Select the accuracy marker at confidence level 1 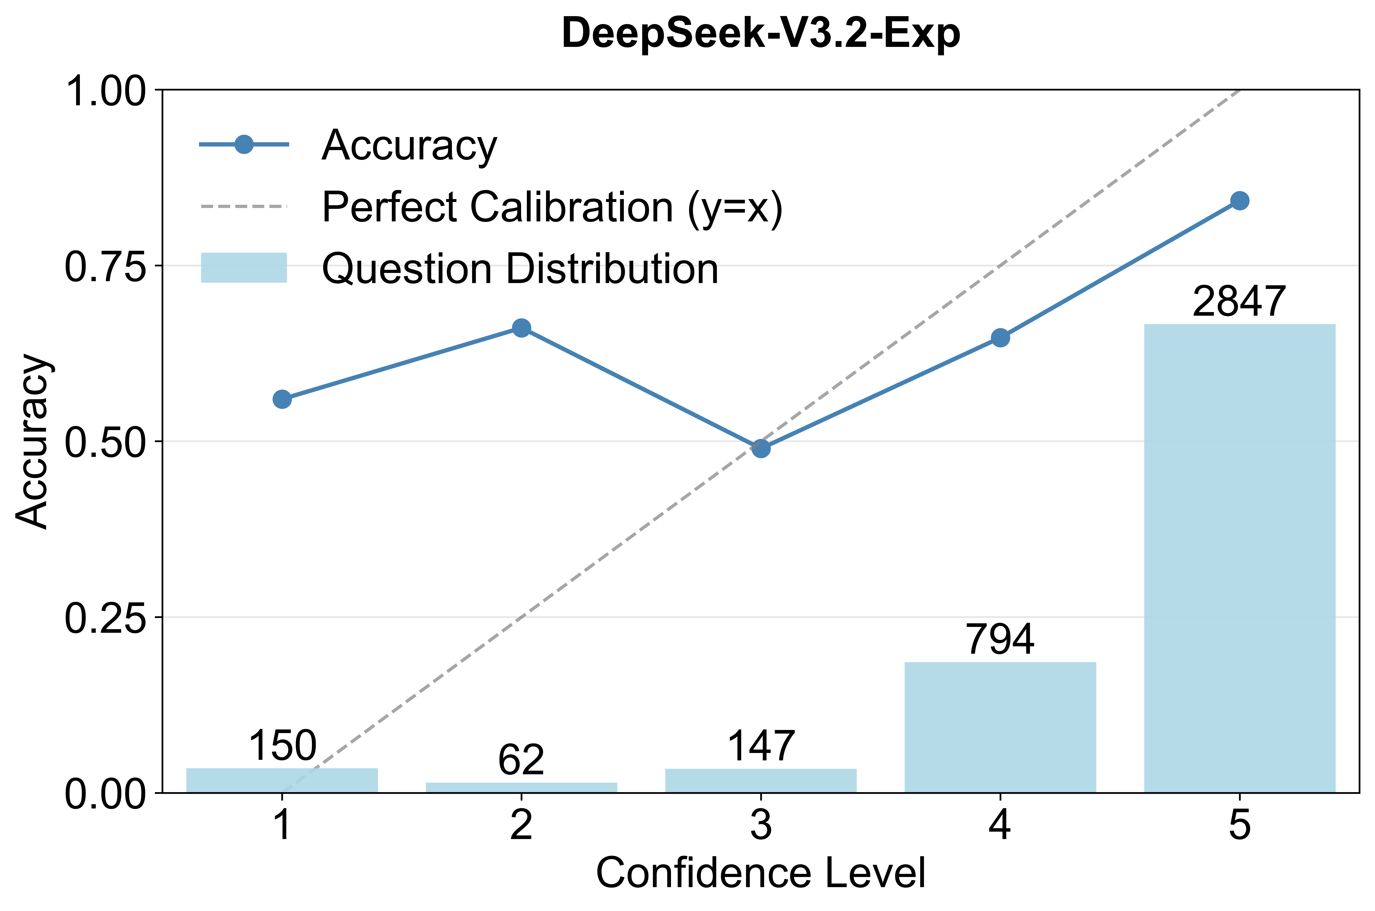(282, 399)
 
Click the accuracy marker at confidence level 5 (1240, 201)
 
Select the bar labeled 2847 (1240, 558)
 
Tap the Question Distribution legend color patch (244, 268)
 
